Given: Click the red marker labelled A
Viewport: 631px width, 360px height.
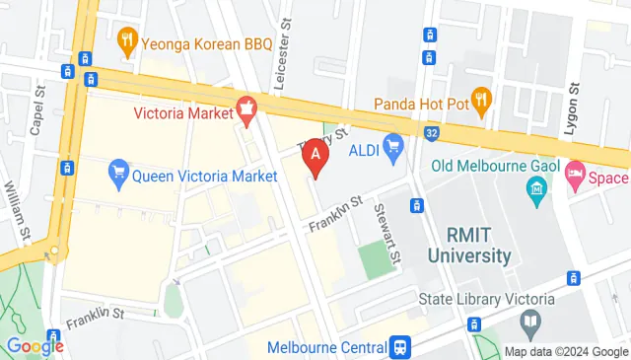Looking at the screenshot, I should (315, 154).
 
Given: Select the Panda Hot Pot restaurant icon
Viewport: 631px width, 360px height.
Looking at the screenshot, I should (481, 99).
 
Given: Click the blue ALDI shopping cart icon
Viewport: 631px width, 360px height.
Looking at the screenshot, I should (394, 149).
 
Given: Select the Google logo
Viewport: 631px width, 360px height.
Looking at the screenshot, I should (35, 345).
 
